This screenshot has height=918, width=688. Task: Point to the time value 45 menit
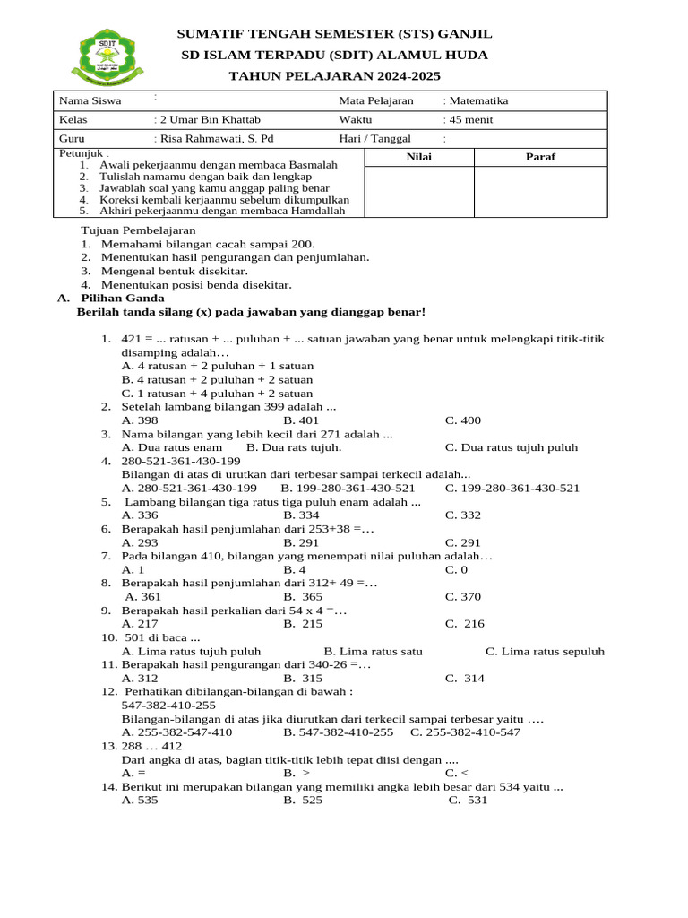pos(470,119)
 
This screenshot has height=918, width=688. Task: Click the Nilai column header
pos(418,157)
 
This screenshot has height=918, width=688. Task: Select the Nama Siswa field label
pos(90,100)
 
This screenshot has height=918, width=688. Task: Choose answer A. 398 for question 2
pos(140,420)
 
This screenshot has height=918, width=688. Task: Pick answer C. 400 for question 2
pos(463,420)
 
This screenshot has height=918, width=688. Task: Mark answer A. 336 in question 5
pos(140,515)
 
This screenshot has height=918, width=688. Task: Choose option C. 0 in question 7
pos(456,569)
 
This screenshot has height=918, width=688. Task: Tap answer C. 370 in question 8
pos(463,596)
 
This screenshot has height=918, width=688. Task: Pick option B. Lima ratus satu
pos(374,651)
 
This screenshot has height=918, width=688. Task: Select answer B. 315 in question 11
pos(303,678)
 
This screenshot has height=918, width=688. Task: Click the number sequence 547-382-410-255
pos(168,706)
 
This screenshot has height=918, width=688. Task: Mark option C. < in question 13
pos(456,772)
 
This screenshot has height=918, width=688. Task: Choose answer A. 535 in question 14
pos(140,800)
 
